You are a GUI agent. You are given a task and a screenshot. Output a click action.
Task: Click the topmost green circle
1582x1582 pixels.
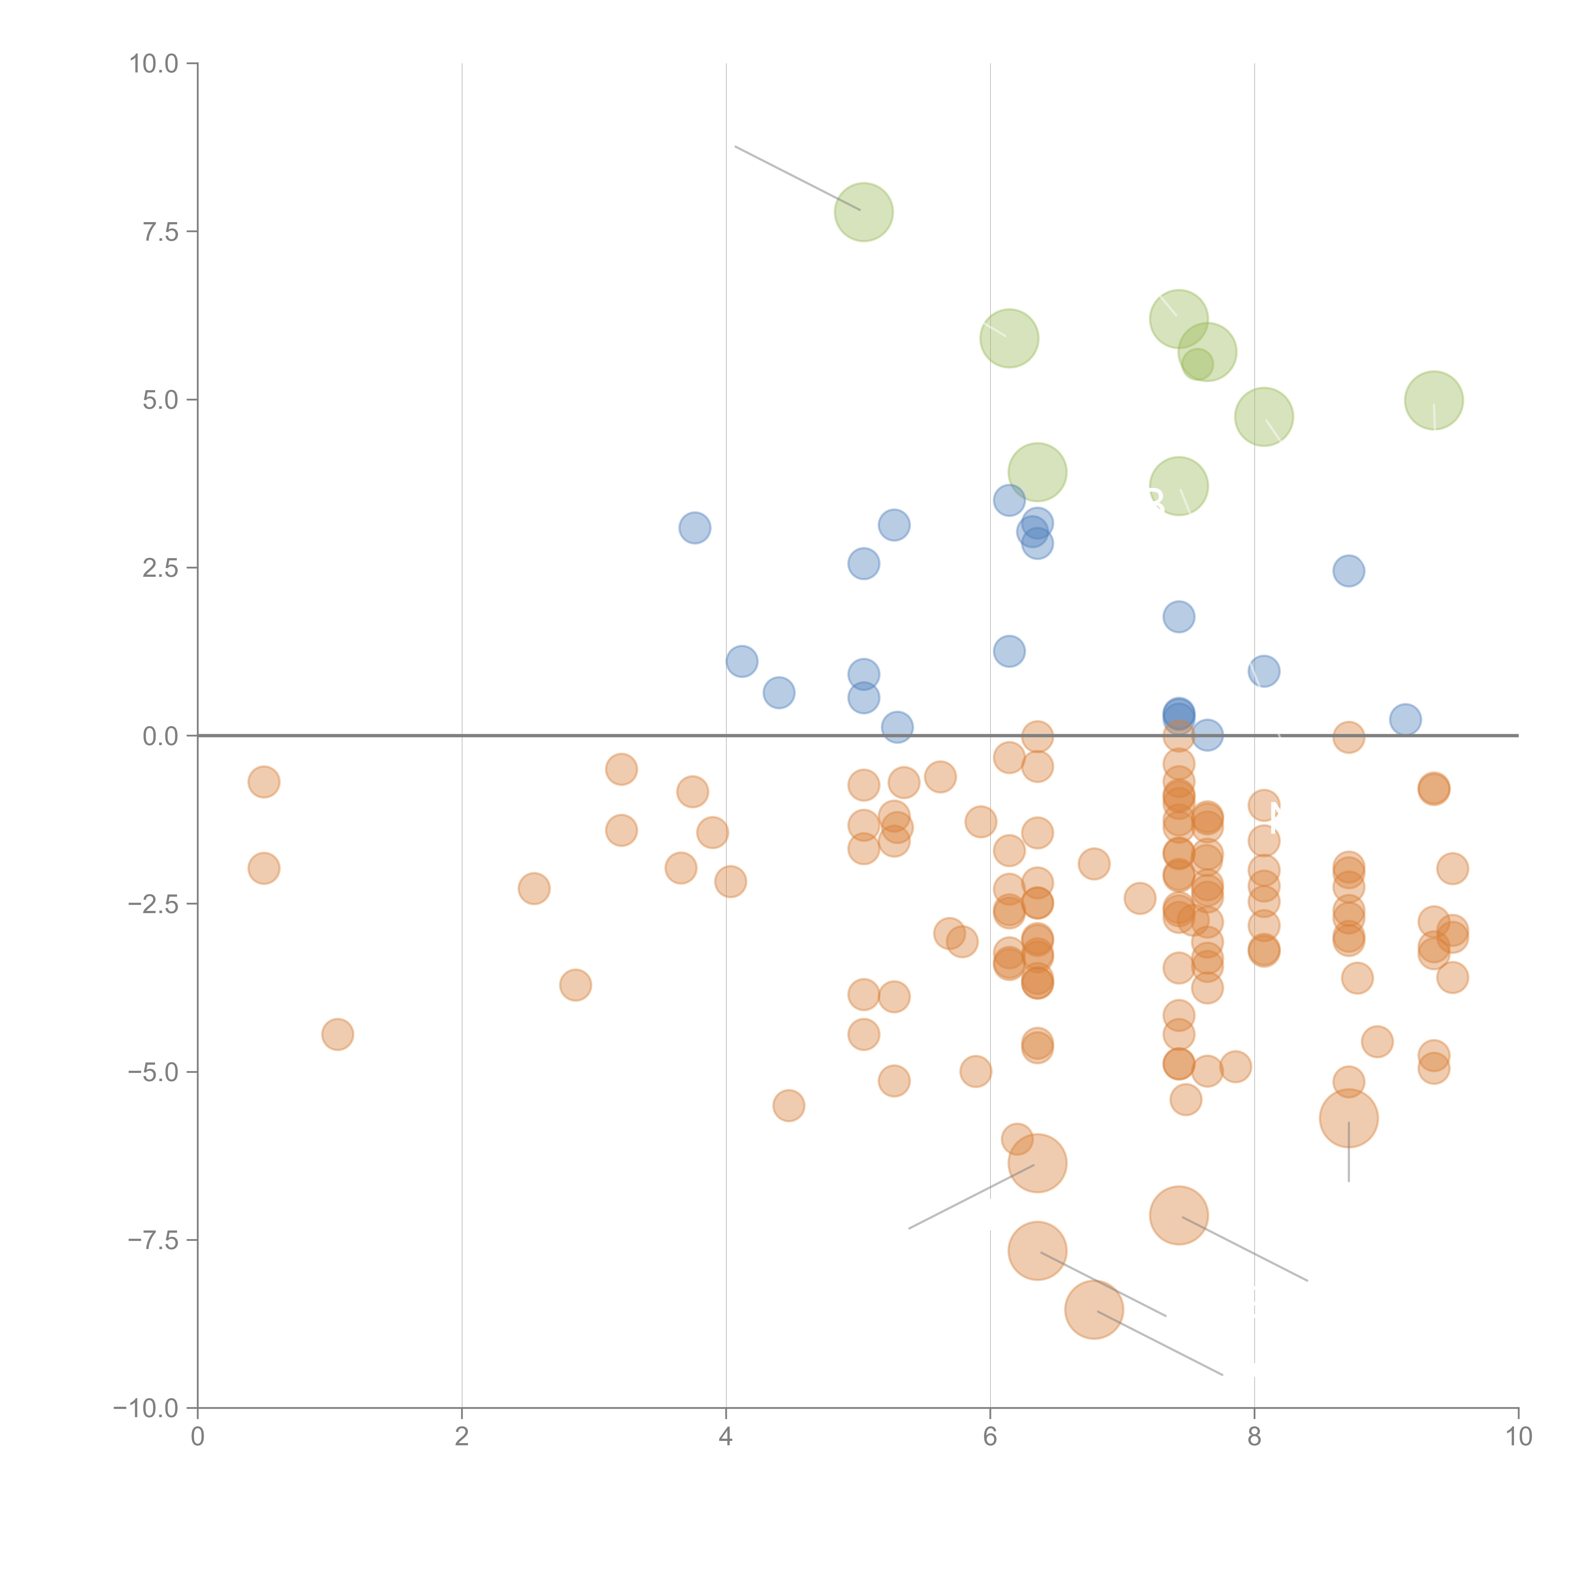coord(863,212)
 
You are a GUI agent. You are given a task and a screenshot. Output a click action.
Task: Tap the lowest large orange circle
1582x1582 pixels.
coord(1093,1310)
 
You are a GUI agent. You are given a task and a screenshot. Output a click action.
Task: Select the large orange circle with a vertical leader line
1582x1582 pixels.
coord(1348,1118)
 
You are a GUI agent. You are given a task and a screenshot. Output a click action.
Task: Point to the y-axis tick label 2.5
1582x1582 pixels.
coord(160,568)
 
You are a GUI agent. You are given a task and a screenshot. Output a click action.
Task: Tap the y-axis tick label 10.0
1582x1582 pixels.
coord(154,64)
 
